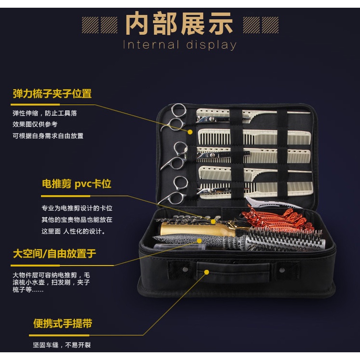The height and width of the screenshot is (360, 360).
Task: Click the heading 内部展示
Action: coord(179,24)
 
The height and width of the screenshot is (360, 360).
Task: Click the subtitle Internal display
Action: coord(180,45)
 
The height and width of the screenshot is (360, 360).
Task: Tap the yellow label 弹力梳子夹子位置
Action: coord(52,94)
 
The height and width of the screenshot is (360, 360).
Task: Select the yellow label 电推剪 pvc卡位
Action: coord(76,184)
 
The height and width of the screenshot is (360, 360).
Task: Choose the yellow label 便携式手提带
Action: coord(63,323)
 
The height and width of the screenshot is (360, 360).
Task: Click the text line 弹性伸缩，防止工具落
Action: coord(45,113)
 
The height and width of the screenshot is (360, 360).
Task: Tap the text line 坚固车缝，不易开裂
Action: coord(62,346)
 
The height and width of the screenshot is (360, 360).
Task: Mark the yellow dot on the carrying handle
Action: coord(207,272)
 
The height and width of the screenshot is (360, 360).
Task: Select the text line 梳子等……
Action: coord(28,290)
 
